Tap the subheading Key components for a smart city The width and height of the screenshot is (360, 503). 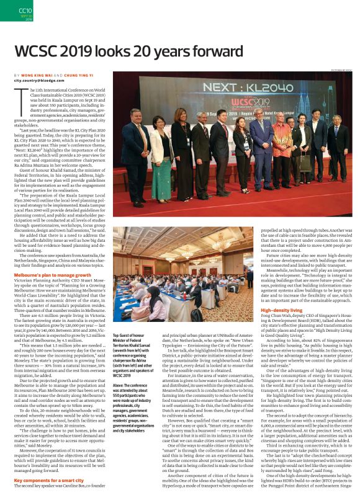tap(50, 481)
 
